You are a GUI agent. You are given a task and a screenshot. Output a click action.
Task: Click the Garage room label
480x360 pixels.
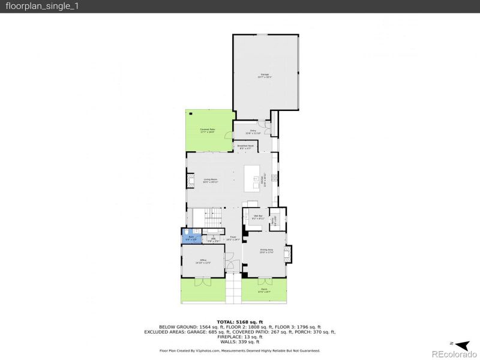click(x=265, y=76)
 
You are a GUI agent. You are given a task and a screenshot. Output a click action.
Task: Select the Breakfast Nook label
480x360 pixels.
click(x=244, y=147)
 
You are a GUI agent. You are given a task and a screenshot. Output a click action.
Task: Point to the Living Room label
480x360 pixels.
click(x=210, y=180)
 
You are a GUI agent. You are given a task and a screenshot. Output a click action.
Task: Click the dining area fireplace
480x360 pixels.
click(x=289, y=254)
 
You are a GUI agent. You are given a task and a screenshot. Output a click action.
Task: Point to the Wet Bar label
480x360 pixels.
click(x=257, y=218)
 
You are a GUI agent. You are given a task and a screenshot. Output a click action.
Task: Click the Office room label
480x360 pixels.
click(x=203, y=260)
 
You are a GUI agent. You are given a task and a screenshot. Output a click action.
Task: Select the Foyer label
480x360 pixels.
click(x=232, y=238)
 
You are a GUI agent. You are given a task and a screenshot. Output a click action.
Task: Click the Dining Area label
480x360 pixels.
click(x=266, y=251)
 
